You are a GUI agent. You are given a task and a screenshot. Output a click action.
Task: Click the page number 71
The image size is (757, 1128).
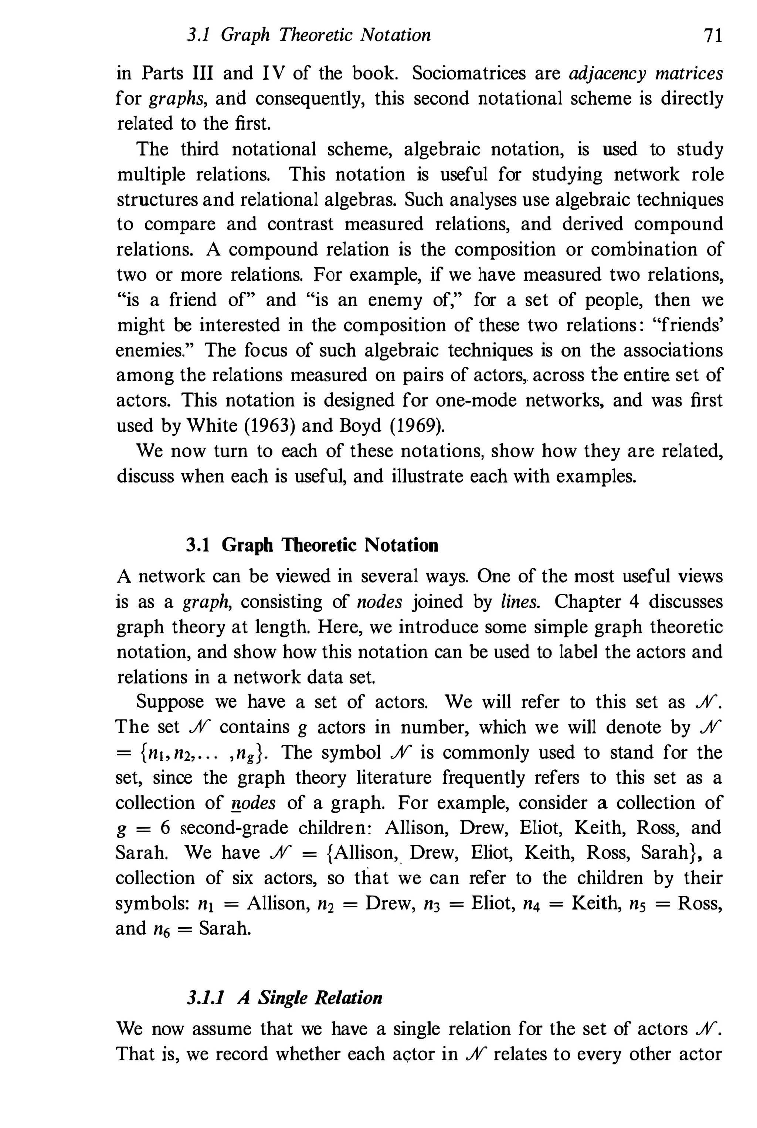click(x=713, y=35)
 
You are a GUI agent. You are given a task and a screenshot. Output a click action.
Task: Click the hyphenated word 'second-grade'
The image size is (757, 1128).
click(x=234, y=828)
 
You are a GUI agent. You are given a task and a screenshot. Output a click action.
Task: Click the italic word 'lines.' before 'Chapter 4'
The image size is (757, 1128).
click(x=520, y=602)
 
